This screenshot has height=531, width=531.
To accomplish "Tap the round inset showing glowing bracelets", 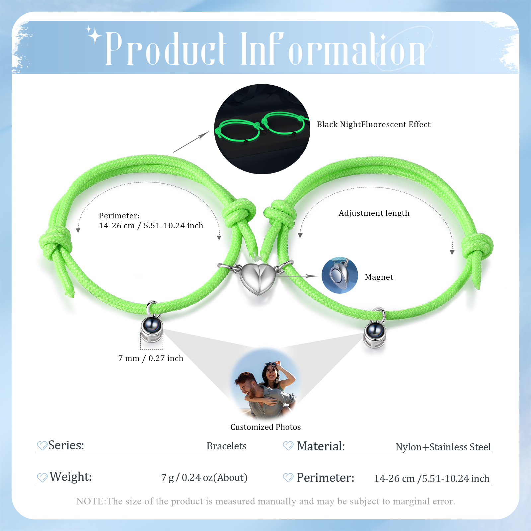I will click(x=262, y=129).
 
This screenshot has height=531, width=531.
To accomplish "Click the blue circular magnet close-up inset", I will click(x=340, y=275).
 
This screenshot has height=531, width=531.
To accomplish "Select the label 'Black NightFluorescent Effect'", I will click(x=373, y=124).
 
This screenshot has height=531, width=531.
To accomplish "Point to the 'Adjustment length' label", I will click(x=374, y=213).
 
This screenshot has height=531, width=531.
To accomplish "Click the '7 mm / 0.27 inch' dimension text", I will click(x=151, y=358).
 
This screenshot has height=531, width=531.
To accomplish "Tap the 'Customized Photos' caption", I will click(x=265, y=427).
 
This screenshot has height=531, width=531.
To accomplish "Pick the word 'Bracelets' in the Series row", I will click(x=226, y=446).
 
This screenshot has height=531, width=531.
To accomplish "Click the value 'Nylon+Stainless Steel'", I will click(x=443, y=447).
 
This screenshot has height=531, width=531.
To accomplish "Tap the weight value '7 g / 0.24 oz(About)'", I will click(x=204, y=478).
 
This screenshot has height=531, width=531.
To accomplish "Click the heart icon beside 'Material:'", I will click(x=288, y=446).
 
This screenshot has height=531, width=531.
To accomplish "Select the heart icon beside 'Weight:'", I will click(x=42, y=477).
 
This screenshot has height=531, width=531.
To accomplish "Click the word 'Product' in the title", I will click(x=166, y=49).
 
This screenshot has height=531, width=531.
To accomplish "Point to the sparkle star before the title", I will click(x=94, y=35).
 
